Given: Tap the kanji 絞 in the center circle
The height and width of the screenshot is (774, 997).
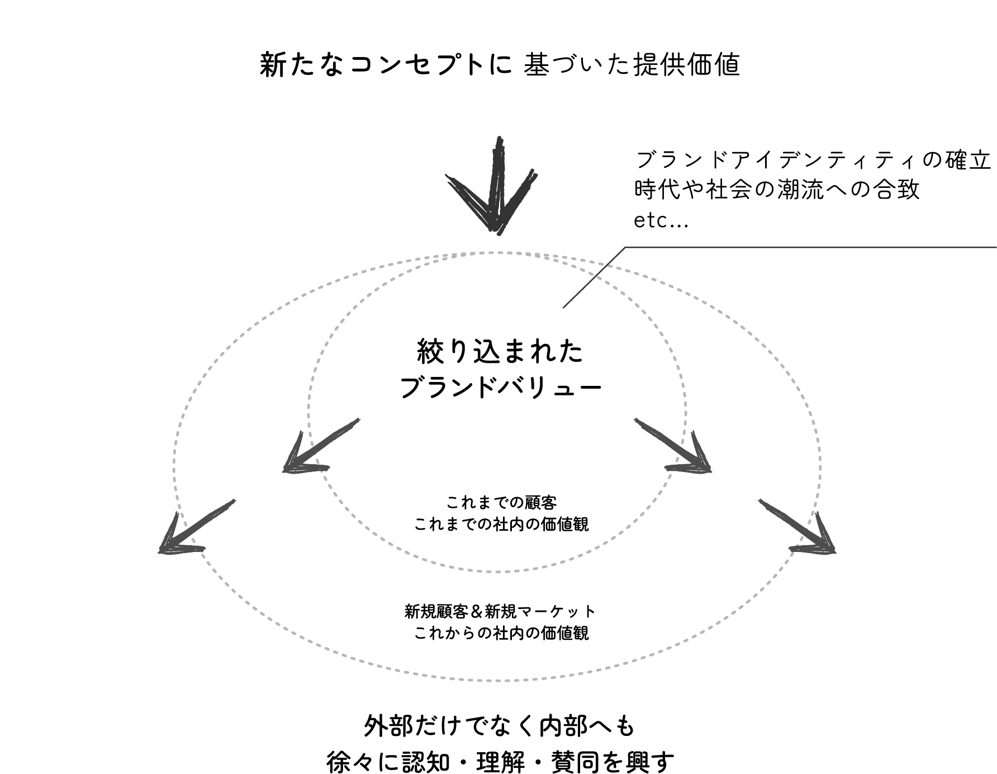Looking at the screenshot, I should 430,352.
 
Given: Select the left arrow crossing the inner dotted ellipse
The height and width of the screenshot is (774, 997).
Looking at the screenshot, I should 319,447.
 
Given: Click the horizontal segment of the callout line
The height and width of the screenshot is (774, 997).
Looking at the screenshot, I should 810,247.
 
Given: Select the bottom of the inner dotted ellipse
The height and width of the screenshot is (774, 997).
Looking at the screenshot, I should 497,572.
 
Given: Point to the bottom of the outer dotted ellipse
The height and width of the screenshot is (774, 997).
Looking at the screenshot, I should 497,681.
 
